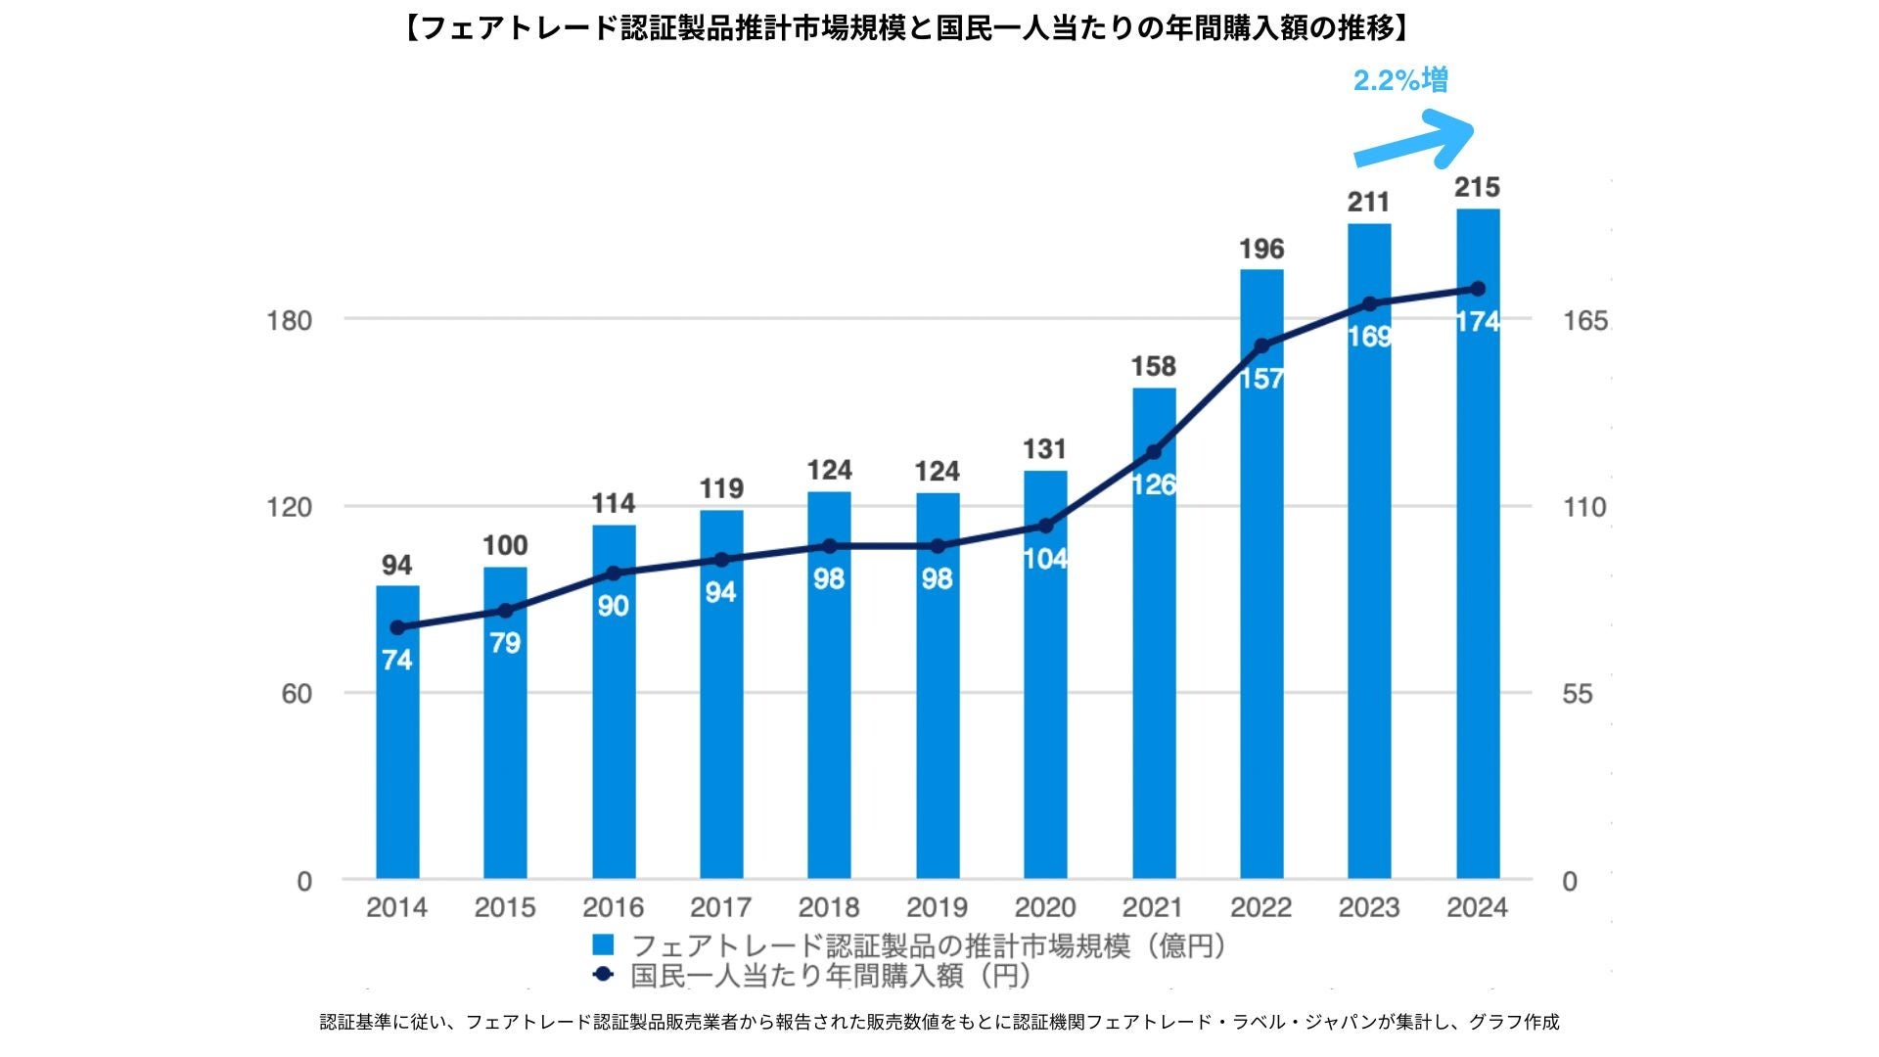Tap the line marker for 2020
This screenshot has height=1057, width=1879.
pyautogui.click(x=1045, y=527)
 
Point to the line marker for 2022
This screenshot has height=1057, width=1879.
pyautogui.click(x=1261, y=345)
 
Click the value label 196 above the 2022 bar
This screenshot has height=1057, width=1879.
pyautogui.click(x=1261, y=249)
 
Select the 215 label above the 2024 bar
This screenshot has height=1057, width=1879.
pyautogui.click(x=1477, y=188)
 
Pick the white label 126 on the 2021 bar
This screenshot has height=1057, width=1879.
pyautogui.click(x=1154, y=484)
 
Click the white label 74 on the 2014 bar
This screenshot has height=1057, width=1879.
pyautogui.click(x=397, y=661)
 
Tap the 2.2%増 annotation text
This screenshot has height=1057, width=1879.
pyautogui.click(x=1400, y=80)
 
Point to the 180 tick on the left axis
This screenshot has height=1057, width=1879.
pyautogui.click(x=289, y=321)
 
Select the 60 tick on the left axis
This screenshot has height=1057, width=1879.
pyautogui.click(x=297, y=694)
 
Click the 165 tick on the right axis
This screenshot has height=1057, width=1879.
pyautogui.click(x=1584, y=321)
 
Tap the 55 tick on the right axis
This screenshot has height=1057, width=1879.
pyautogui.click(x=1577, y=694)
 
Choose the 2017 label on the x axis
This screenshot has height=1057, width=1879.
pyautogui.click(x=721, y=907)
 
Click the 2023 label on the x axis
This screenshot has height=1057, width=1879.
pyautogui.click(x=1369, y=907)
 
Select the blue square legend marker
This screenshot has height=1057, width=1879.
pyautogui.click(x=603, y=944)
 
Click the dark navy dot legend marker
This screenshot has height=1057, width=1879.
pyautogui.click(x=603, y=975)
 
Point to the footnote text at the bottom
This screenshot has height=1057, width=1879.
pyautogui.click(x=939, y=1022)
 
